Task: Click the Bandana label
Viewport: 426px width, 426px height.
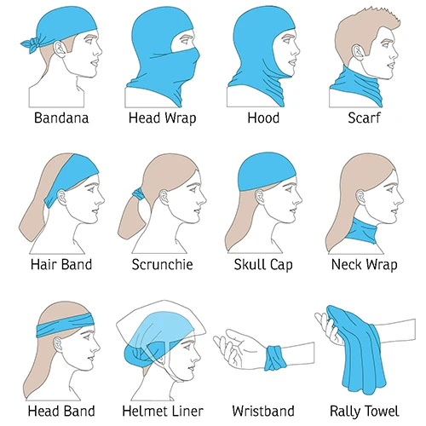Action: pos(61,118)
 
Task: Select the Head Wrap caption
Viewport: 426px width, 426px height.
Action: pos(162,118)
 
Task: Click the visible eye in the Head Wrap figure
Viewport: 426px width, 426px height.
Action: pos(185,42)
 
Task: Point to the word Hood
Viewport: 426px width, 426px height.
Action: pos(263,118)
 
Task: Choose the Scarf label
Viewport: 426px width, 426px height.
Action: pos(364,118)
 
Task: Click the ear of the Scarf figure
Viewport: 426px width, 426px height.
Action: pos(359,53)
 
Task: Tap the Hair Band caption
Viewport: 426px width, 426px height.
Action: pos(61,264)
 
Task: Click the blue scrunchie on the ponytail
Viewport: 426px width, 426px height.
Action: pos(138,194)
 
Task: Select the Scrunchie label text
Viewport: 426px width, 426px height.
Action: pos(162,264)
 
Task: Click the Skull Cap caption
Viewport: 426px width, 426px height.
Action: pos(263,265)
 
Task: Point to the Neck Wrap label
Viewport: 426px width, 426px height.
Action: pos(364,265)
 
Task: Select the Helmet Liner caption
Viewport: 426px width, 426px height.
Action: pos(163,411)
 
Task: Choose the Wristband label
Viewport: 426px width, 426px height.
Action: pos(263,411)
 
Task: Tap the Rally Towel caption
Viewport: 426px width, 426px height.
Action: pos(364,412)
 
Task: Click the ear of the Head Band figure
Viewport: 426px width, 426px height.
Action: pos(59,346)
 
